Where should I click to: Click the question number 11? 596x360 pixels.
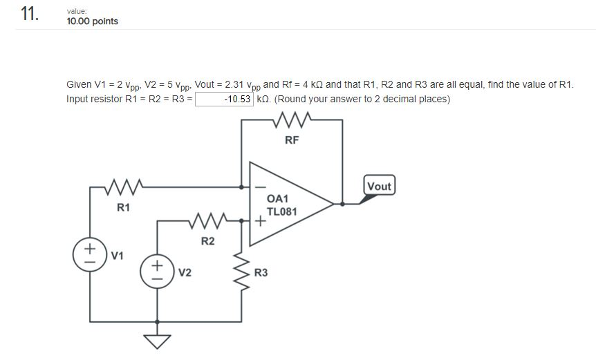pos(29,15)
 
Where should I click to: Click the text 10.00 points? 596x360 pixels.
pos(92,21)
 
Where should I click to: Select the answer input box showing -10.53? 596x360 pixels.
pos(225,99)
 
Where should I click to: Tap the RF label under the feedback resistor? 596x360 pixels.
pos(292,140)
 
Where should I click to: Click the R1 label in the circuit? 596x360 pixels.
pos(123,207)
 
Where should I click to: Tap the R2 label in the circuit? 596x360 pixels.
pos(207,241)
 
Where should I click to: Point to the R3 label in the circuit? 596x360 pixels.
pos(261,273)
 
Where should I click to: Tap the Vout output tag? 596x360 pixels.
pos(379,187)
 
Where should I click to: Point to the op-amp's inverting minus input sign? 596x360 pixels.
pos(259,187)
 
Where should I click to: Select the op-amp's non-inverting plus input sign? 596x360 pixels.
pos(259,222)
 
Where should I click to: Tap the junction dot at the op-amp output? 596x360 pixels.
pos(342,204)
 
